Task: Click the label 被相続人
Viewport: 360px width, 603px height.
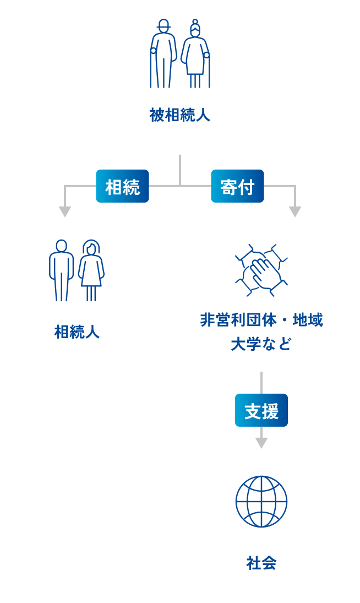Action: (x=179, y=116)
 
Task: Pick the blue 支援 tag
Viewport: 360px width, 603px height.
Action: (x=261, y=410)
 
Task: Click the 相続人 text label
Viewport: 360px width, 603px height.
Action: (x=77, y=332)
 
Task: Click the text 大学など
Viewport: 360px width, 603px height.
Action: (x=261, y=345)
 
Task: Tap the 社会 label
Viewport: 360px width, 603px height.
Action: (x=261, y=563)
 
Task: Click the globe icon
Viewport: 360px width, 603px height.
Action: (x=261, y=501)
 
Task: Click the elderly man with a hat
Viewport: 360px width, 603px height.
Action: (x=164, y=55)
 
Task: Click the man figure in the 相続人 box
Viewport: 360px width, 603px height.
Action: (x=61, y=270)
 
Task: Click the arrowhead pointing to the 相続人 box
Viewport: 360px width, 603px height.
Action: (x=65, y=211)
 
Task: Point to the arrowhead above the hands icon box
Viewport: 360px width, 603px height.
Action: (x=295, y=211)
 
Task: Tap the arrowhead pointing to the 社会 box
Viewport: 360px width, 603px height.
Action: (x=261, y=442)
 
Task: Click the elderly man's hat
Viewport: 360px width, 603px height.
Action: (x=163, y=24)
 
